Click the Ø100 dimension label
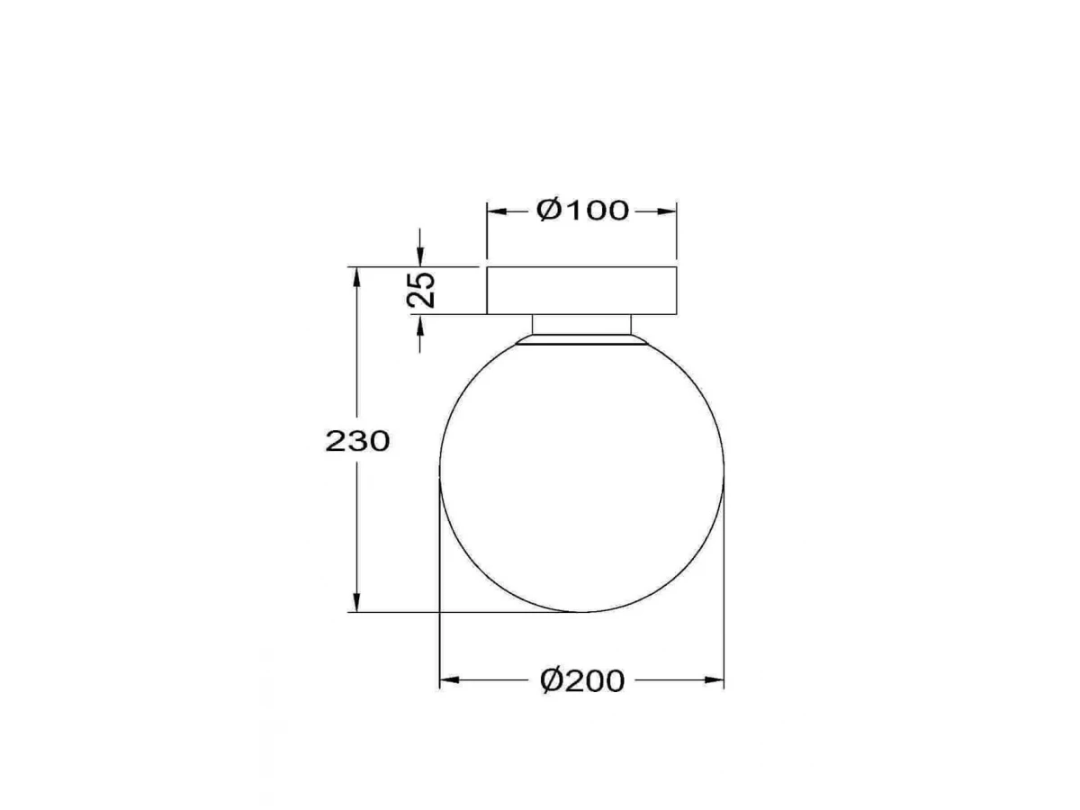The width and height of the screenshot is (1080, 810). pyautogui.click(x=582, y=210)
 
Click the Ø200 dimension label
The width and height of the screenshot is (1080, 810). pyautogui.click(x=582, y=680)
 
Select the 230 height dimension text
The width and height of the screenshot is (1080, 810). pyautogui.click(x=357, y=441)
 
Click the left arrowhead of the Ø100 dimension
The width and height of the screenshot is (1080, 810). pyautogui.click(x=497, y=211)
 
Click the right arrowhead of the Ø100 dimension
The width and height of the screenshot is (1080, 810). pyautogui.click(x=667, y=211)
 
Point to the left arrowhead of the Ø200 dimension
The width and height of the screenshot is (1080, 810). pyautogui.click(x=449, y=680)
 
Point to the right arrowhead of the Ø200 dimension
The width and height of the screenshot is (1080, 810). pyautogui.click(x=714, y=680)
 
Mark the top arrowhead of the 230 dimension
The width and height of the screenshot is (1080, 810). pyautogui.click(x=356, y=277)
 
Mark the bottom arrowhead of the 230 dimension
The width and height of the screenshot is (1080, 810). pyautogui.click(x=356, y=602)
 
